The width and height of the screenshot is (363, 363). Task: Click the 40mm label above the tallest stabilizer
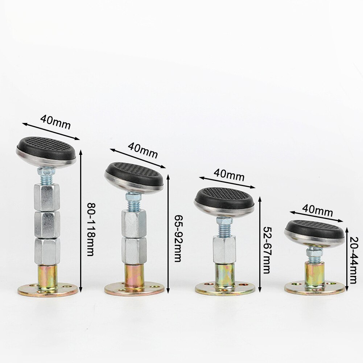[x=55, y=122]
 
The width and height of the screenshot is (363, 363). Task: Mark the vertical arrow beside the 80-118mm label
[x=81, y=221]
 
